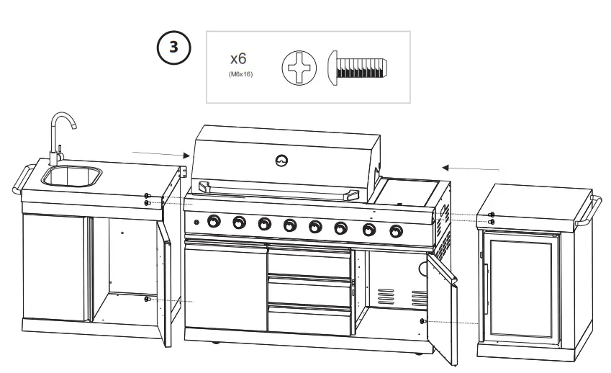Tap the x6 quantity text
click(238, 58)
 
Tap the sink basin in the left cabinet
click(71, 175)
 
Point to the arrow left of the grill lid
click(160, 153)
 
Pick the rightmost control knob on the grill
click(396, 231)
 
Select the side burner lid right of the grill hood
click(409, 192)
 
